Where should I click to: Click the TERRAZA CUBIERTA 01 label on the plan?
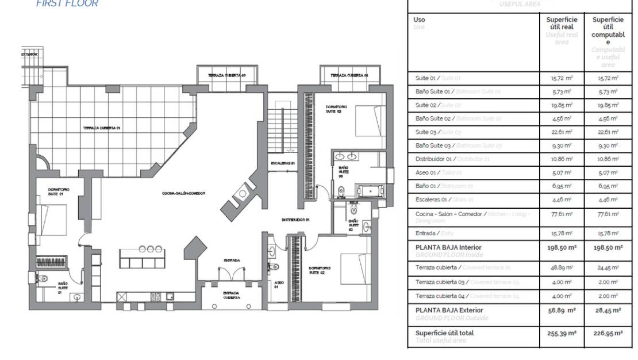[101, 128]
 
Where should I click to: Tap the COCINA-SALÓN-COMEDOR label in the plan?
[184, 193]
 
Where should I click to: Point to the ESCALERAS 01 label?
[283, 163]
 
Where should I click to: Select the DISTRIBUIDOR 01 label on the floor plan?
[296, 220]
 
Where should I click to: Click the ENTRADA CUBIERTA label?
[231, 295]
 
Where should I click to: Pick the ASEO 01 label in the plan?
[278, 284]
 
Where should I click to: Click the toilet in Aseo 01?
[275, 266]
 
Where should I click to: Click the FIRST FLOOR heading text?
[67, 3]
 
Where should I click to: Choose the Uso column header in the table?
[419, 20]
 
